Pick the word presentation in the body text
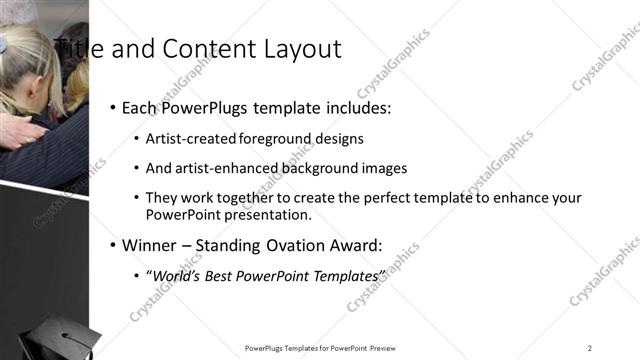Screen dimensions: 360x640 click(271, 215)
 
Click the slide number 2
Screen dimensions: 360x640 click(590, 347)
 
